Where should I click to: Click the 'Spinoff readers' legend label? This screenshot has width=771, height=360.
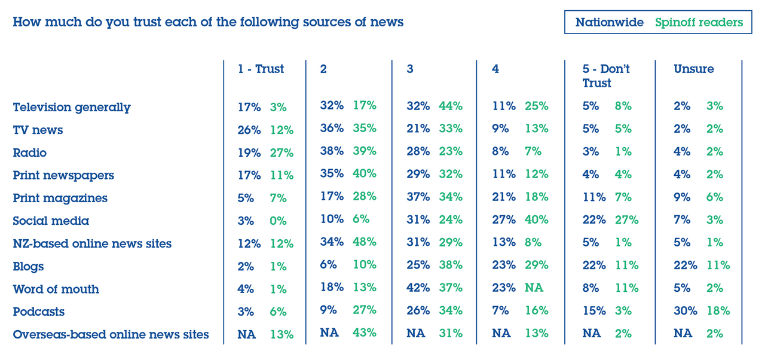(699, 23)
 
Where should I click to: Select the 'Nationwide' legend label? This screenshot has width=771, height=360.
(609, 23)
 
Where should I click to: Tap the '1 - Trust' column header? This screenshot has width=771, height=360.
(261, 69)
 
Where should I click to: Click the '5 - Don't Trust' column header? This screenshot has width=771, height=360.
(606, 76)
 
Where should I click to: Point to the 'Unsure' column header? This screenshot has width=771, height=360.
(693, 69)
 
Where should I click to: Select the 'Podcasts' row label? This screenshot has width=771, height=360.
(38, 312)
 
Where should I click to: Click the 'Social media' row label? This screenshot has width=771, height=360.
(51, 221)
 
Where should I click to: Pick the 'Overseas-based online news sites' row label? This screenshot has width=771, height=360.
(111, 334)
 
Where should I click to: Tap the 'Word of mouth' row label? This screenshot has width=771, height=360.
(56, 289)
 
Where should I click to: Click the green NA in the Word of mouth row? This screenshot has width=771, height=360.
(534, 288)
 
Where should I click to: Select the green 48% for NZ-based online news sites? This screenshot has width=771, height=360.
(365, 242)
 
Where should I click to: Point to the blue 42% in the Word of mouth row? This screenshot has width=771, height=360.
(418, 288)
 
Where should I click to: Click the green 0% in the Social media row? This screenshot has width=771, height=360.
(278, 221)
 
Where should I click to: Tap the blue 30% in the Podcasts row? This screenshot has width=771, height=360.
(685, 310)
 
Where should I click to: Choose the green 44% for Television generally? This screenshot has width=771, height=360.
(451, 106)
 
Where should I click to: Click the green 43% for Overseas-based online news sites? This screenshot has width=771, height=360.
(365, 333)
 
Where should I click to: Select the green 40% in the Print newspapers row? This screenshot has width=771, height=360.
(365, 174)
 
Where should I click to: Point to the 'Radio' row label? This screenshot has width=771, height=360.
(29, 152)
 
